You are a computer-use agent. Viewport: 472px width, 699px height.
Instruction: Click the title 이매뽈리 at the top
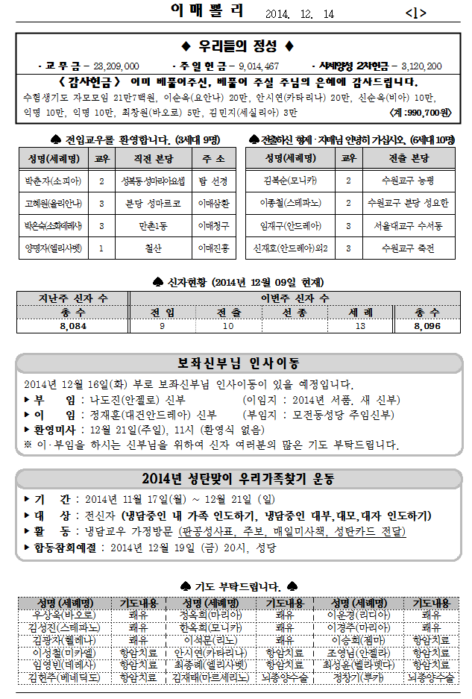coord(207,10)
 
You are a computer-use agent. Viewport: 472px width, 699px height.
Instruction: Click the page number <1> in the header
coord(415,13)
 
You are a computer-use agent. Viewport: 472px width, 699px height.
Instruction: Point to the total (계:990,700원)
coord(421,113)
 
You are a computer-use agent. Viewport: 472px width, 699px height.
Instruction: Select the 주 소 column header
coord(213,158)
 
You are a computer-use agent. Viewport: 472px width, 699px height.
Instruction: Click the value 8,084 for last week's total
coord(73,327)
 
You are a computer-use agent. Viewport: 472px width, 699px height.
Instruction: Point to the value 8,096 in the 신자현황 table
coord(427,327)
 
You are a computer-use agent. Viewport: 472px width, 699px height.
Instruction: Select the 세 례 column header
coord(360,313)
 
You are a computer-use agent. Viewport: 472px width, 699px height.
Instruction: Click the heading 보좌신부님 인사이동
coord(238,363)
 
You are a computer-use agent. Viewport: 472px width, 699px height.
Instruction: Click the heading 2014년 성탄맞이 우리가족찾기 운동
coord(238,478)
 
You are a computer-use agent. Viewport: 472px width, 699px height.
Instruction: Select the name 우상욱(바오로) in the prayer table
coord(64,615)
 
